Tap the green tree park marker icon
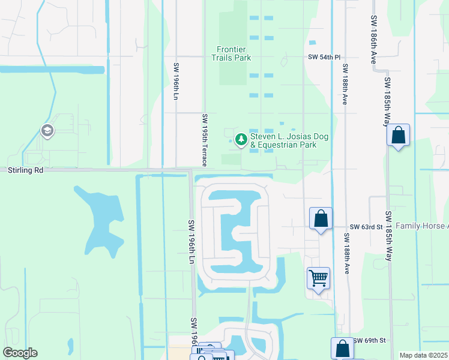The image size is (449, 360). [x=241, y=140]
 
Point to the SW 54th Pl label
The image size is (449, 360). [x=320, y=56]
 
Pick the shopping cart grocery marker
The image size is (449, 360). [x=318, y=278]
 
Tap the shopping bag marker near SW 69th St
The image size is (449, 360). [x=342, y=348]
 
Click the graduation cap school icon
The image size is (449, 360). [x=46, y=130]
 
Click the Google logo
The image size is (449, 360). [x=20, y=353]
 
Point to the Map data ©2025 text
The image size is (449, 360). [x=423, y=355]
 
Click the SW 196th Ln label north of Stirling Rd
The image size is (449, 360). [x=176, y=82]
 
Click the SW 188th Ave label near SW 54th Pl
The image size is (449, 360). [x=345, y=85]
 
